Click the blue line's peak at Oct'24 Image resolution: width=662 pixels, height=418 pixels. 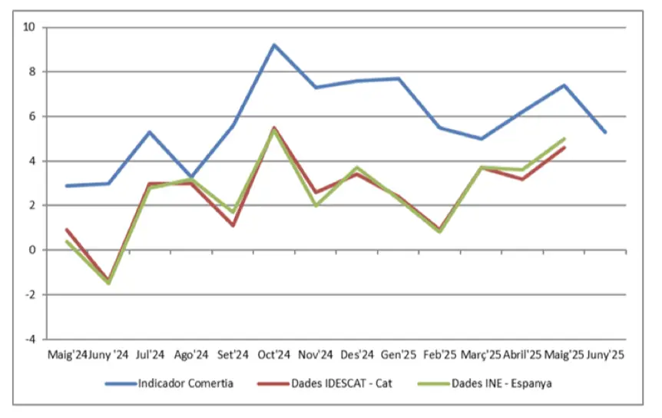[x=274, y=45]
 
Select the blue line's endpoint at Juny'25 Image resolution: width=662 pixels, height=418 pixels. [x=606, y=132]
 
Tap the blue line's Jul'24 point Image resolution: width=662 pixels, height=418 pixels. [x=150, y=131]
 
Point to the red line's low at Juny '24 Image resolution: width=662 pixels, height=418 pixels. [x=108, y=280]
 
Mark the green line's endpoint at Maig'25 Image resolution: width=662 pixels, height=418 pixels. [x=564, y=139]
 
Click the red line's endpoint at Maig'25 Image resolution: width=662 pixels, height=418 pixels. [x=564, y=148]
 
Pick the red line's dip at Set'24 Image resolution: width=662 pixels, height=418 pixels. [x=233, y=225]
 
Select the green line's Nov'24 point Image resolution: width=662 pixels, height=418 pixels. [x=316, y=205]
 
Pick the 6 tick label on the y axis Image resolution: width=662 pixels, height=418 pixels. [x=33, y=117]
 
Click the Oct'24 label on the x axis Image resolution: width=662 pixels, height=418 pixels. [x=273, y=355]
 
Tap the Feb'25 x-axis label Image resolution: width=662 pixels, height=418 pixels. [x=439, y=355]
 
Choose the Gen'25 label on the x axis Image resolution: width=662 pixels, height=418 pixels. [x=398, y=355]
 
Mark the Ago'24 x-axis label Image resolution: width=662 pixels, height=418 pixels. [x=190, y=355]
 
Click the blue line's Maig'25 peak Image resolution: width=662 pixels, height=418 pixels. [x=564, y=85]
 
